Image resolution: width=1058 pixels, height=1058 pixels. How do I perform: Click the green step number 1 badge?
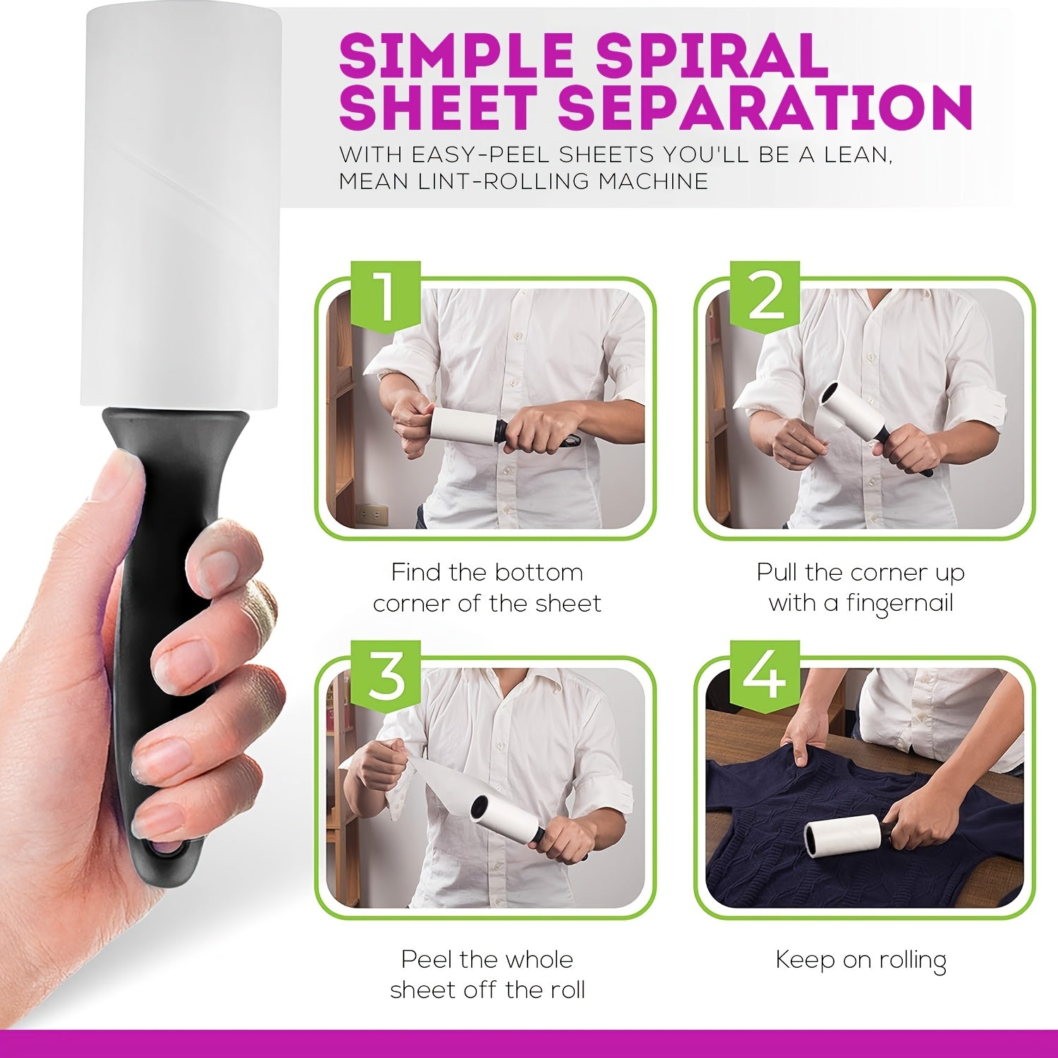(x=386, y=294)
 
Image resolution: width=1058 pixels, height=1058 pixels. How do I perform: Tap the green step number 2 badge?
(x=765, y=294)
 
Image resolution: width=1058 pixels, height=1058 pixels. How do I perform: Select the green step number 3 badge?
(x=386, y=674)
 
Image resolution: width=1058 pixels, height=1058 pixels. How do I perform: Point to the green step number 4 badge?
(x=765, y=674)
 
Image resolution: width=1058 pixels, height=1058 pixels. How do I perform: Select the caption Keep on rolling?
(x=861, y=960)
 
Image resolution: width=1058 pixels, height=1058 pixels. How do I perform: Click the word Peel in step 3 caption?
(x=427, y=960)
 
